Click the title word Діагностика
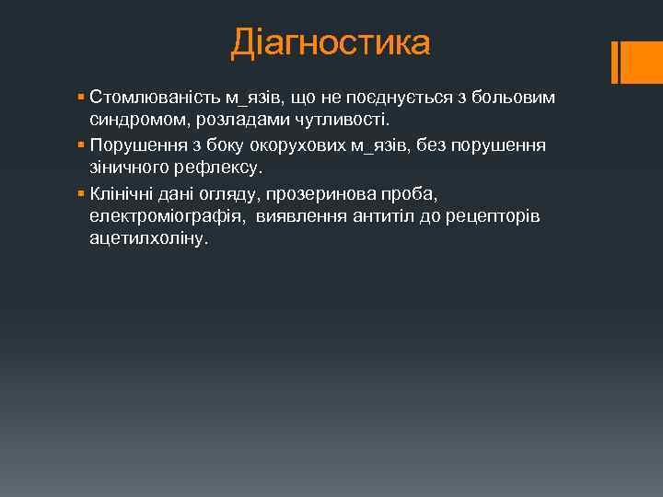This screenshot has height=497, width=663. pos(331,42)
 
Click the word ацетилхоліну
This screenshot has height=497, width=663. pos(148,239)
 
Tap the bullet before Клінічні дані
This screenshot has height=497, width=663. pos(82,192)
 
